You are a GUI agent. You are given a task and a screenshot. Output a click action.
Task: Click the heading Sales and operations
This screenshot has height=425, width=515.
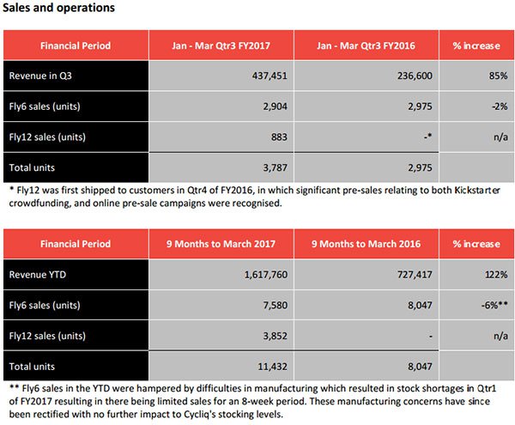click(58, 8)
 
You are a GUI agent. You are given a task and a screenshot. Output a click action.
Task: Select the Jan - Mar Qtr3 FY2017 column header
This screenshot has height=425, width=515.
click(221, 46)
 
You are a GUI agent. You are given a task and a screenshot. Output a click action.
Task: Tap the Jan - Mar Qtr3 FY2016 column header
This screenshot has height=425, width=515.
click(366, 46)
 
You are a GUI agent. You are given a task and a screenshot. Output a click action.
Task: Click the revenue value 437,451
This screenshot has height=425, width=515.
click(270, 76)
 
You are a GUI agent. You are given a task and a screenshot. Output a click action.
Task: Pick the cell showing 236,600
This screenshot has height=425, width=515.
click(415, 76)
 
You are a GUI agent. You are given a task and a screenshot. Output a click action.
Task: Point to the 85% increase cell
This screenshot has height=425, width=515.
click(498, 76)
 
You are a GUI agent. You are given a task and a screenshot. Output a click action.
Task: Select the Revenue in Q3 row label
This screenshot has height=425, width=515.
click(40, 76)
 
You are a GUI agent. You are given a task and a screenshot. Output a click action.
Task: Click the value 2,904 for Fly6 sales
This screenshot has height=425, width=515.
click(276, 106)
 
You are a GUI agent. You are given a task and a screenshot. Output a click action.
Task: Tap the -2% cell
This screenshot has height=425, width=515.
click(500, 106)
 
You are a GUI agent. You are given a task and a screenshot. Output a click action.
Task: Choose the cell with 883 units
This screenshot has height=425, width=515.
click(279, 137)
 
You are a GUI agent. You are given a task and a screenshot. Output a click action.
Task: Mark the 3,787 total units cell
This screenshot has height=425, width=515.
click(276, 167)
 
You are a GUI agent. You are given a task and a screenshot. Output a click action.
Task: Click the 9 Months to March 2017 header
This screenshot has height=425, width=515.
click(221, 244)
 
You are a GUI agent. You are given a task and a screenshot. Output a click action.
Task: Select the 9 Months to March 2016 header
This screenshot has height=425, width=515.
click(366, 244)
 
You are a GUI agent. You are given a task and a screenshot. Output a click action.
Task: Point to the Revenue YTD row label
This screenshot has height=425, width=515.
click(38, 275)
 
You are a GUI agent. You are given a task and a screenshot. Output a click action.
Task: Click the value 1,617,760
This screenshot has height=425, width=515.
click(266, 275)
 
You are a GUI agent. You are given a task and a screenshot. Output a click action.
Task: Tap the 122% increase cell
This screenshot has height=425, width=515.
click(496, 275)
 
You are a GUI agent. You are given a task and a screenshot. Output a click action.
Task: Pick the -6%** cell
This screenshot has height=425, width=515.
click(494, 305)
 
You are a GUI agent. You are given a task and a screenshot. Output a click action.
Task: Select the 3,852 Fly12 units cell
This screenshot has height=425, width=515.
click(276, 336)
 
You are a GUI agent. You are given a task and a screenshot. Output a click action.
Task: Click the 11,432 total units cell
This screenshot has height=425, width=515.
click(273, 367)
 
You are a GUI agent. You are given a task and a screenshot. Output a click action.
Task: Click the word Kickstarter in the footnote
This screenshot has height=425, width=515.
click(477, 190)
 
